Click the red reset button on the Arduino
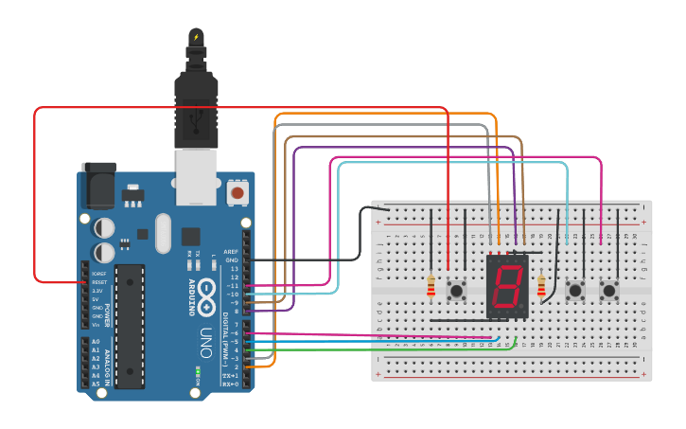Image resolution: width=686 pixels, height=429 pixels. (237, 193)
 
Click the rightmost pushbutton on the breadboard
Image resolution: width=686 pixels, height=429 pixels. (610, 289)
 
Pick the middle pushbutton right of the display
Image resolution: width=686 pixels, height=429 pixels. (574, 289)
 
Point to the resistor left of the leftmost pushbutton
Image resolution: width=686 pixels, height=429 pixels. (431, 286)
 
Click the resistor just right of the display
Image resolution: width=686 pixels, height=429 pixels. (541, 285)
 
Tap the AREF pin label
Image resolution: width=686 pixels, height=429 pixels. (231, 252)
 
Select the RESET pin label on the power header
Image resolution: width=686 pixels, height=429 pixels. (98, 282)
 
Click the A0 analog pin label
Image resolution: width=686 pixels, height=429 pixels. (95, 341)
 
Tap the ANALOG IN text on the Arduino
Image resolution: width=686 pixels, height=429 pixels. (107, 364)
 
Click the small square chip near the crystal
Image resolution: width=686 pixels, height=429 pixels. (191, 236)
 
